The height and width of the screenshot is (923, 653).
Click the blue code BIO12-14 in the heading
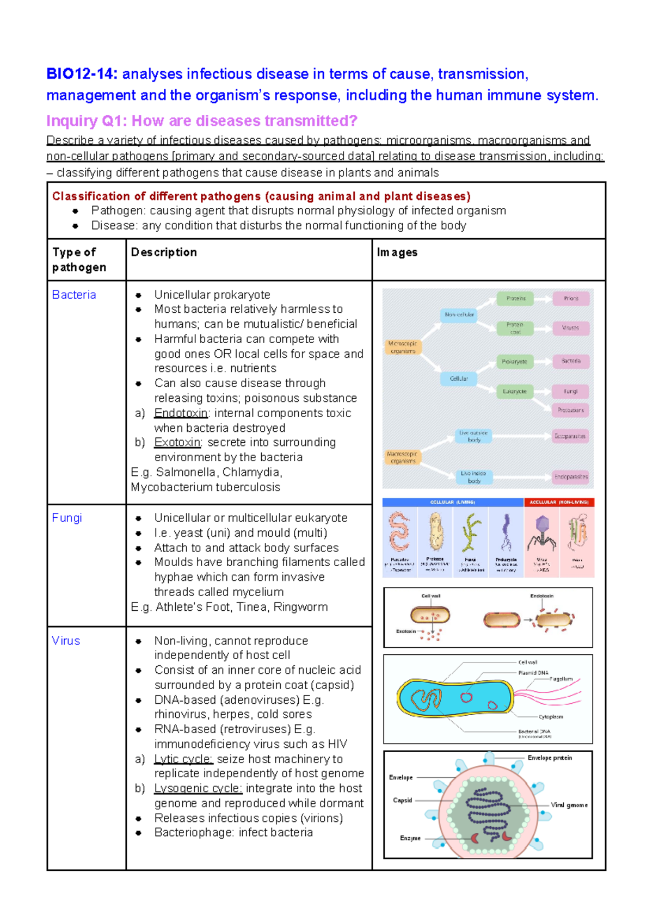(82, 74)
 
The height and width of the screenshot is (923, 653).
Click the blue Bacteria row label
(74, 295)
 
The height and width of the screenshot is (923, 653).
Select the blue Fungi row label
(67, 518)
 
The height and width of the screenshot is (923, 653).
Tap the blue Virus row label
(66, 641)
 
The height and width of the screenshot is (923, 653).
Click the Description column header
(164, 252)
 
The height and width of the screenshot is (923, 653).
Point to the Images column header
(397, 252)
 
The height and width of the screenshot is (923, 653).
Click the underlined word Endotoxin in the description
(181, 413)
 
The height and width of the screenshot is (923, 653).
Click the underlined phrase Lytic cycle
(183, 759)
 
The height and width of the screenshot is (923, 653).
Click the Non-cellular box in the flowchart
(459, 314)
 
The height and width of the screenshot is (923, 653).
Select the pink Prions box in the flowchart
(571, 299)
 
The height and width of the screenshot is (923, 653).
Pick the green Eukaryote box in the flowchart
(514, 391)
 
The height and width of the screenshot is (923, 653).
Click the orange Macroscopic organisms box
(403, 457)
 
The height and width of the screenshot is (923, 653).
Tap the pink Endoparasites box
(571, 477)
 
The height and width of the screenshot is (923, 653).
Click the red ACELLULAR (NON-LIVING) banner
(559, 502)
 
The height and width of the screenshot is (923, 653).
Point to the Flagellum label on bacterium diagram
(561, 679)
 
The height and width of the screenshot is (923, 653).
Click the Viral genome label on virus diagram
(569, 805)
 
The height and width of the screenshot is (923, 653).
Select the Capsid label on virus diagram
(403, 800)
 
